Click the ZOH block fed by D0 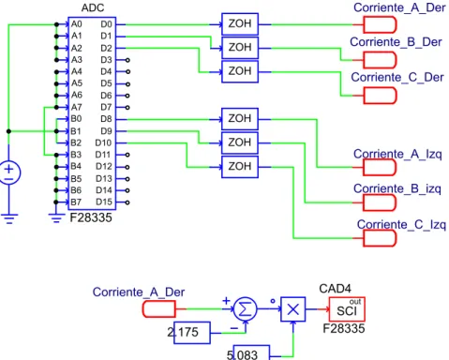pos(240,23)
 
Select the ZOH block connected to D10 pos(240,167)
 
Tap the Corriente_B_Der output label pos(396,42)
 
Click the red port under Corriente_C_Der pos(380,96)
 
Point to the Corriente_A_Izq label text pos(397,154)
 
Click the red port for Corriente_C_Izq pos(380,238)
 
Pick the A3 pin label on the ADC pos(77,60)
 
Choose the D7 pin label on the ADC pos(106,107)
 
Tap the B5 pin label pos(76,179)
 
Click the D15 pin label pos(104,202)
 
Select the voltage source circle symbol pos(9,172)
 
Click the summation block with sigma pos(246,309)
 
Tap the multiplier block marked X pos(293,309)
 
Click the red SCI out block pos(347,309)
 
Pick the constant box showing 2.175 pos(192,333)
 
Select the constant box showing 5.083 pos(251,352)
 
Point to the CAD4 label pos(335,289)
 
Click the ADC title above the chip pos(93,7)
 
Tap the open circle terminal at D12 pos(127,167)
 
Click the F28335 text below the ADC pos(91,217)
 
